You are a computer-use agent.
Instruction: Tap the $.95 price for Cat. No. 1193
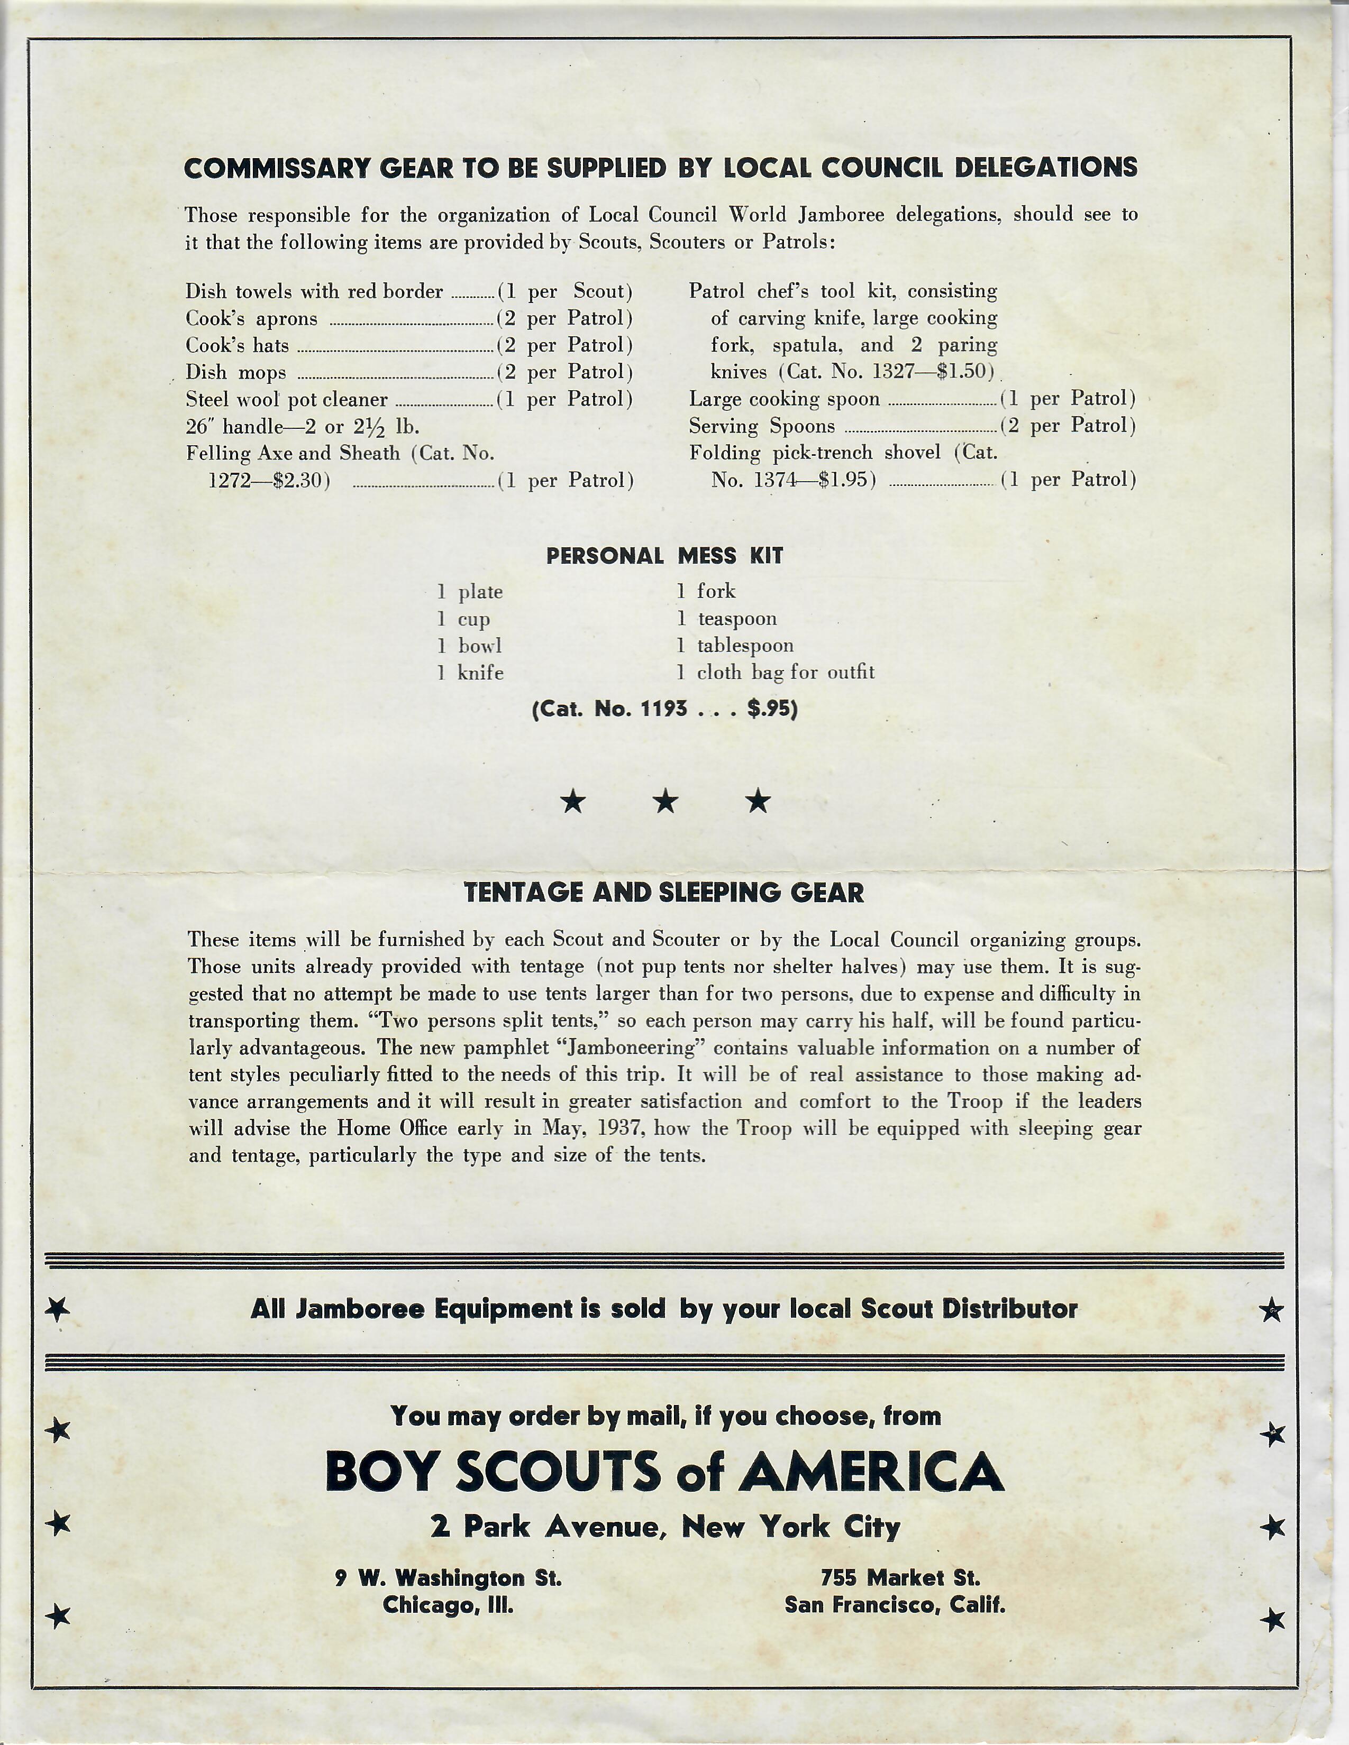[771, 709]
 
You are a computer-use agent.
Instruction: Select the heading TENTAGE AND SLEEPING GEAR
[664, 893]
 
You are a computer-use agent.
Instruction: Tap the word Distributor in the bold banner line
[1009, 1309]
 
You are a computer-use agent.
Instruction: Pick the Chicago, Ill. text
[448, 1605]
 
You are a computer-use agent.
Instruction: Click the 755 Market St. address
[900, 1578]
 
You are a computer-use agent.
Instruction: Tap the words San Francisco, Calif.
[894, 1605]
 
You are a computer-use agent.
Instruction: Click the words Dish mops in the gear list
[236, 372]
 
